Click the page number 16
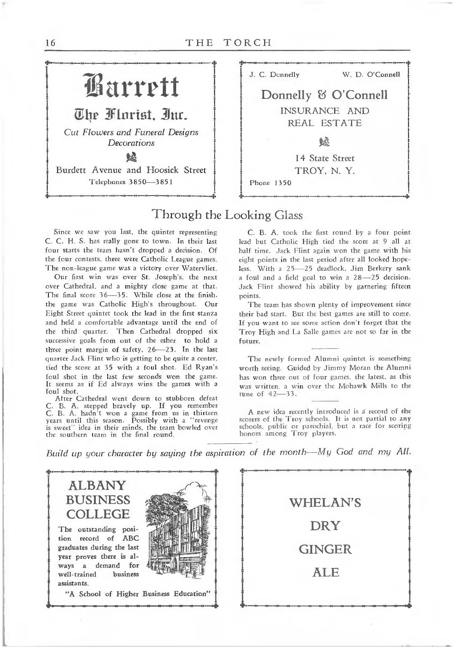(x=51, y=43)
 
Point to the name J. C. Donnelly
(x=274, y=75)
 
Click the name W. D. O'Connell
(x=371, y=75)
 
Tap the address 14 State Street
(x=325, y=158)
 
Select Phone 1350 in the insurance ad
(x=270, y=183)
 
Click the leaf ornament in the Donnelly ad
(x=325, y=142)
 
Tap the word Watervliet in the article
(x=199, y=268)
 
